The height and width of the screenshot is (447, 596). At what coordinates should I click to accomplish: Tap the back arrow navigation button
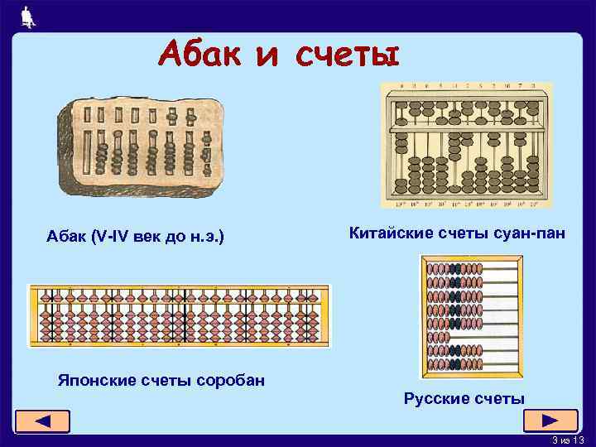point(42,421)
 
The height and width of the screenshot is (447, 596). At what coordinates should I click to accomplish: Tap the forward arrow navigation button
point(550,420)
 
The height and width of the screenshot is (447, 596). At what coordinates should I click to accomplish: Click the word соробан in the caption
point(230,380)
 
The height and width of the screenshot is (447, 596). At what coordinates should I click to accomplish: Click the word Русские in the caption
point(435,399)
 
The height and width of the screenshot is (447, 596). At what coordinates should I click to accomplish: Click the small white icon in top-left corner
point(27,17)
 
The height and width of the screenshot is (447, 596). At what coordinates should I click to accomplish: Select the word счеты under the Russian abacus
point(499,399)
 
